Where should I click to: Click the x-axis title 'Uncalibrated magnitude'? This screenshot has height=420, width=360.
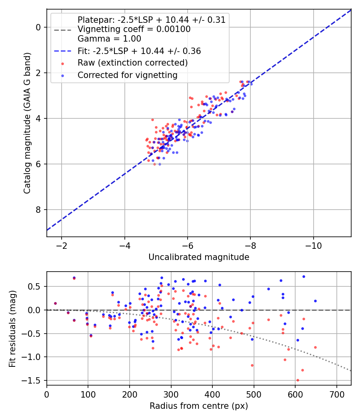coord(199,257)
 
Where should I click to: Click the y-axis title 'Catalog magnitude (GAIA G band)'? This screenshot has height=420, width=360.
coord(27,123)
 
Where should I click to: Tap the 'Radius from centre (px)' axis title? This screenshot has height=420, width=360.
coord(199,406)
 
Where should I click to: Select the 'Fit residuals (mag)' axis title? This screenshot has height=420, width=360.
coord(12,329)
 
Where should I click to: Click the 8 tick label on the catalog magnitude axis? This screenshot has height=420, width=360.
coord(38,210)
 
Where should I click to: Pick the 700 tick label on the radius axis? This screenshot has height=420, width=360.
coord(336,394)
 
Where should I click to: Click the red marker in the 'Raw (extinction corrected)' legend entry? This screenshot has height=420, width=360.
coord(63,64)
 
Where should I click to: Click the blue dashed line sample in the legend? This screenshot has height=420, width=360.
coord(63,51)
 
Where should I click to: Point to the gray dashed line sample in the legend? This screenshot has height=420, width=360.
coord(63,30)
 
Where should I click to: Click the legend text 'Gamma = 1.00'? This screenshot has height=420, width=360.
coord(109,39)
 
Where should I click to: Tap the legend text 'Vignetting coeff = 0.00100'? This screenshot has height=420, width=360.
coord(134,29)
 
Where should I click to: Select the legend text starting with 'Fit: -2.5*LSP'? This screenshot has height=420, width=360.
coord(139,51)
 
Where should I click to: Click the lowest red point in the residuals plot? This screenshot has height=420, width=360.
coord(298,380)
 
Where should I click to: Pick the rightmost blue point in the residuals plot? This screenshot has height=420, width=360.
coord(315,301)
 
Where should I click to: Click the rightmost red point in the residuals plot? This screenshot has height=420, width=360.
coord(315,348)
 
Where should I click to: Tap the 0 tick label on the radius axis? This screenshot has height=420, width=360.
coord(47,394)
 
